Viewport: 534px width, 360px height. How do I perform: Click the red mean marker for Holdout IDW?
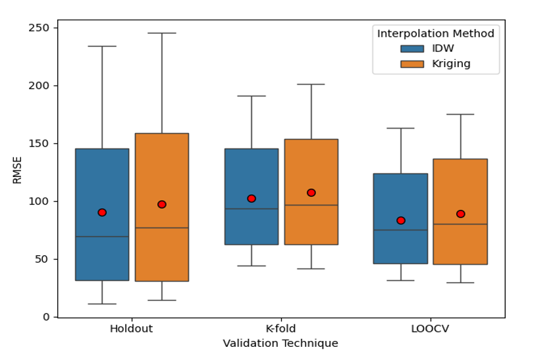[x=102, y=213]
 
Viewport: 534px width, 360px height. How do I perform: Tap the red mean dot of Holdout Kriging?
[x=162, y=205]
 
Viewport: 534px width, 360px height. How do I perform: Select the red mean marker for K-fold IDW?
[x=252, y=199]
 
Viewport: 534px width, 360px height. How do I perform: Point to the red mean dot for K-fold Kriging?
[x=311, y=193]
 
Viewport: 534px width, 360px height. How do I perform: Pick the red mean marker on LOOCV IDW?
[x=401, y=220]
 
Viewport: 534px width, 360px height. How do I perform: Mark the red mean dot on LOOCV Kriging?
[x=460, y=214]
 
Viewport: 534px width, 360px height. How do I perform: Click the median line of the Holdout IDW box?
[x=102, y=236]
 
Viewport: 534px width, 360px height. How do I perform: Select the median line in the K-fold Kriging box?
[x=311, y=205]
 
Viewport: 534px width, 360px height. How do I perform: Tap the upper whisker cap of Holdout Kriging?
[x=162, y=33]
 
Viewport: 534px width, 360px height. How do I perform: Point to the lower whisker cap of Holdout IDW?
[x=102, y=304]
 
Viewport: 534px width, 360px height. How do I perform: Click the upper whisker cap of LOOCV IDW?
[x=401, y=128]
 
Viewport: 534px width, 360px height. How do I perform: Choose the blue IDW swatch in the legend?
[x=412, y=49]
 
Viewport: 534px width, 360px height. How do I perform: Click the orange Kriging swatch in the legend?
[x=412, y=64]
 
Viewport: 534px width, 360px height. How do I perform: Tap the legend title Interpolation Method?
[x=435, y=34]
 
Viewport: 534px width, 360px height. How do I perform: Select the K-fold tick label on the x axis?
[x=281, y=329]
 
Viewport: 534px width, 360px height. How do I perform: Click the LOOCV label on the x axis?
[x=431, y=329]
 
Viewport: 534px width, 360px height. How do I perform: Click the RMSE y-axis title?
[x=17, y=169]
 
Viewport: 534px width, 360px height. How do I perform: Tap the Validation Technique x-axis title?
[x=280, y=344]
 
